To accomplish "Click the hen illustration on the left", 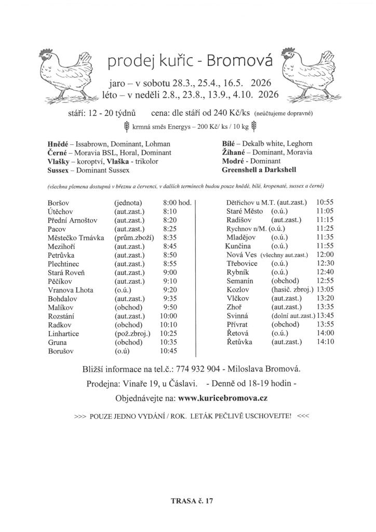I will (66, 75).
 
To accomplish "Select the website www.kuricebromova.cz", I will (222, 398).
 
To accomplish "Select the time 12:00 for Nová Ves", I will (324, 255).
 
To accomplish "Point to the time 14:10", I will (325, 342).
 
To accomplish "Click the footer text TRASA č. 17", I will (192, 501).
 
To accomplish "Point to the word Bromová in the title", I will (239, 62).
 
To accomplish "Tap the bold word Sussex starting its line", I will (58, 170).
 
